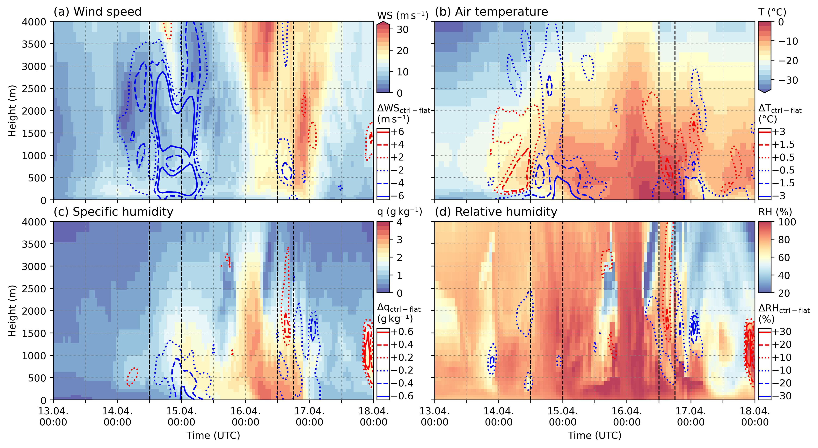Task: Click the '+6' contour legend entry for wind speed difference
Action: click(397, 132)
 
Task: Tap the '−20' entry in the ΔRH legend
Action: click(781, 383)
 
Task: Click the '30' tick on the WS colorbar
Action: click(403, 30)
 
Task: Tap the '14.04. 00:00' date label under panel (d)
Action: click(499, 417)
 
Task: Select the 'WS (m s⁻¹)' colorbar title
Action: click(403, 15)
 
